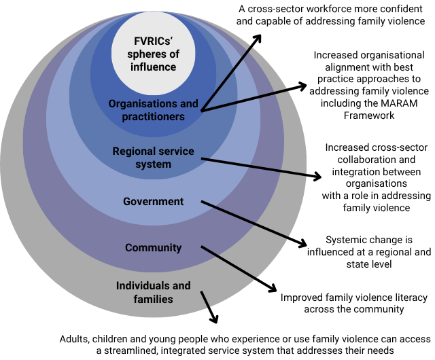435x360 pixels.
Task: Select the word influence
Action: coord(154,67)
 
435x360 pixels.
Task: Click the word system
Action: coord(153,164)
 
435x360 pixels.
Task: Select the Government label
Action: coord(153,201)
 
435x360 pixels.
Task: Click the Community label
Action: coord(153,248)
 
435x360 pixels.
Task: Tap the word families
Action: coord(153,299)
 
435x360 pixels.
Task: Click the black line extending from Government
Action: coord(245,219)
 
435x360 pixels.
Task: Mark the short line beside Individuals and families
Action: coord(206,299)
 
